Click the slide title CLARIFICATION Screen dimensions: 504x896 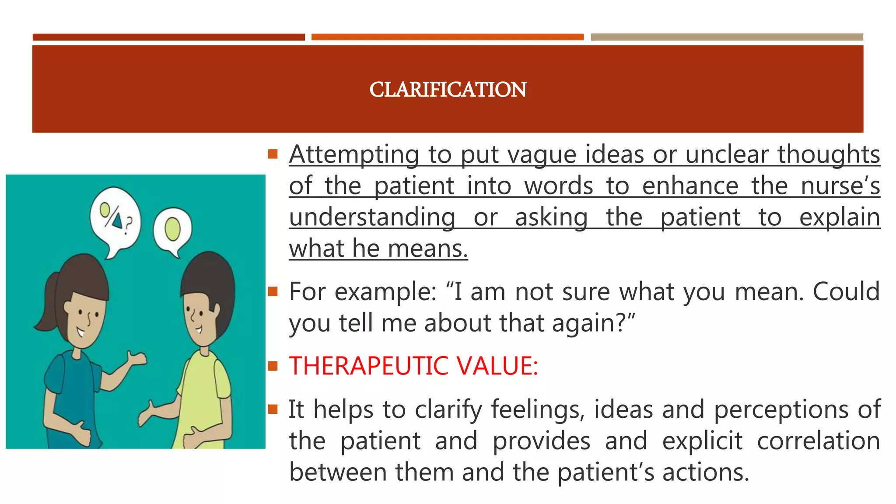[448, 90]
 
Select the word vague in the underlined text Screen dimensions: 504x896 [518, 154]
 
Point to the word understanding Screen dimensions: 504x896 [372, 217]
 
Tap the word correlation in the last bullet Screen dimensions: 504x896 [818, 441]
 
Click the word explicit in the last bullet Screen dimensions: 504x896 [702, 441]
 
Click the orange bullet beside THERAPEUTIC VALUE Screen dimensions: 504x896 [273, 366]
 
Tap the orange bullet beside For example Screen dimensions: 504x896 [273, 291]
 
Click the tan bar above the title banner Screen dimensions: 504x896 [727, 37]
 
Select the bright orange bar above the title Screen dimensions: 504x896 [447, 37]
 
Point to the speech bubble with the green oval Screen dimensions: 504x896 [172, 230]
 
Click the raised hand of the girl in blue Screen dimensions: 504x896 [137, 359]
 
